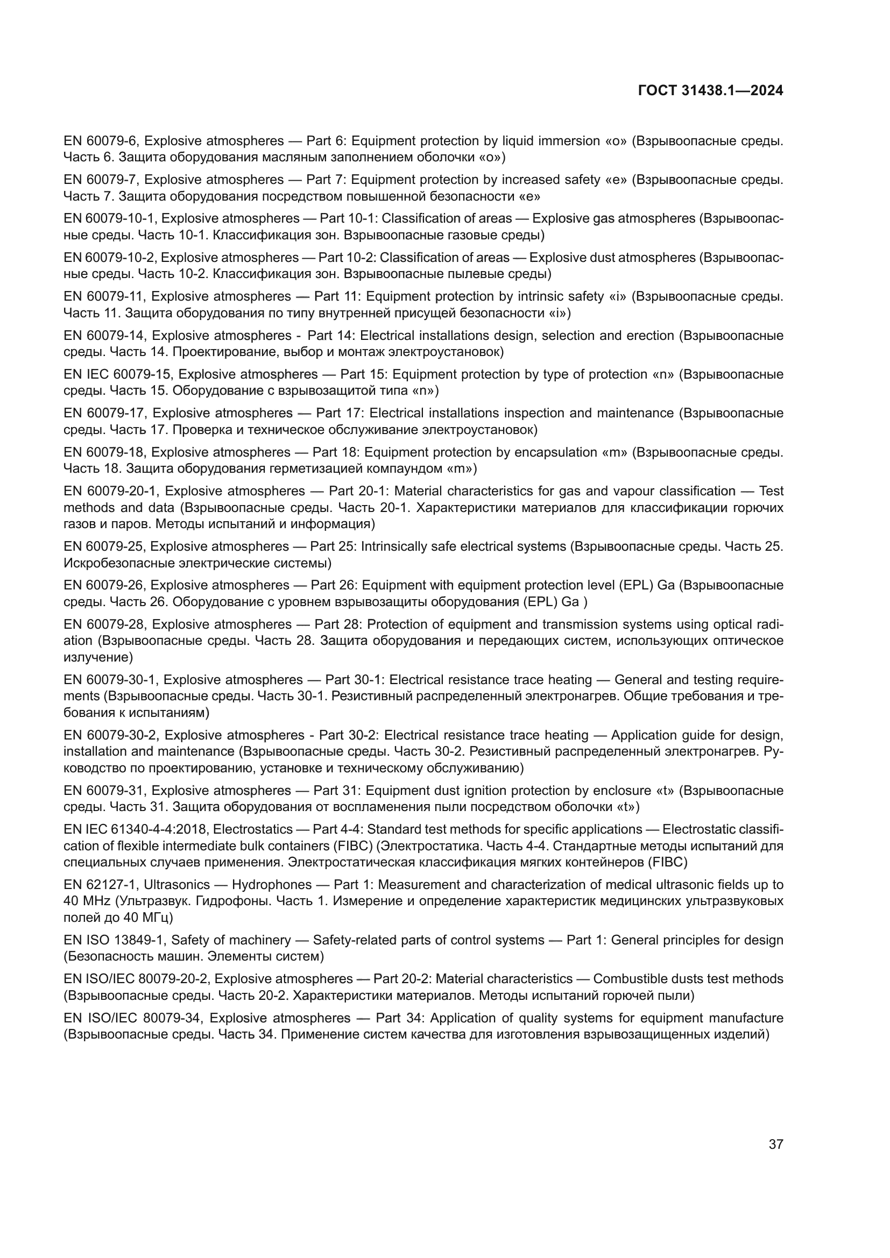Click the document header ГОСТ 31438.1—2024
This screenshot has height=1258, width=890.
(710, 91)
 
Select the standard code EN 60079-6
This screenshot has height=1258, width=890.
(101, 141)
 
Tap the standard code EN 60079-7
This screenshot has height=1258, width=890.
(101, 180)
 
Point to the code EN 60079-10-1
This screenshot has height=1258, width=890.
(110, 218)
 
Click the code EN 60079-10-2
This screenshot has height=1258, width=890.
(110, 258)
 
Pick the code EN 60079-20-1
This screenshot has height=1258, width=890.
(111, 491)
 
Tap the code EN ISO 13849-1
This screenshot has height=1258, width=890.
(115, 940)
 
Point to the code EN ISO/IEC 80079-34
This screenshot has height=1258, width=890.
(134, 1018)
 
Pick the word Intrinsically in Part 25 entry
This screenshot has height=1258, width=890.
(402, 546)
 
